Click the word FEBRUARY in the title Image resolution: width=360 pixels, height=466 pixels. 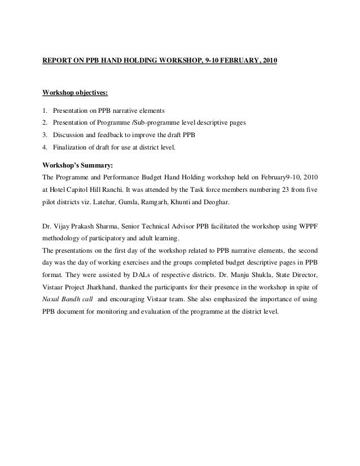[232, 59]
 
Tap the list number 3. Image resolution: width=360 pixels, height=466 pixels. [45, 135]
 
